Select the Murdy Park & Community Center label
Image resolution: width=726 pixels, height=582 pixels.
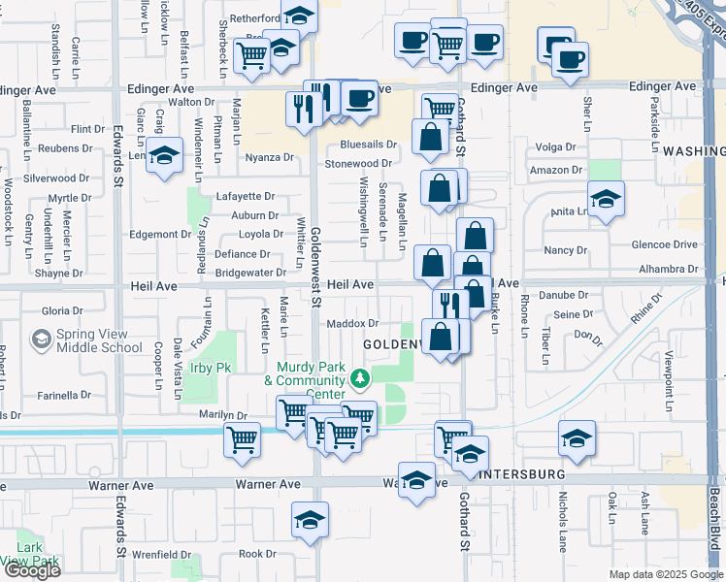pos(311,381)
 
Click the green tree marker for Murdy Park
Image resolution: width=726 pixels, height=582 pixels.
pos(360,376)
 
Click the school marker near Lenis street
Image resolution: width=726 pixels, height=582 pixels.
pos(165,156)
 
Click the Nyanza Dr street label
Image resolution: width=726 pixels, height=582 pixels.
pos(269,157)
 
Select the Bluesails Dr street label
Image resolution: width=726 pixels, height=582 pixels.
pos(369,145)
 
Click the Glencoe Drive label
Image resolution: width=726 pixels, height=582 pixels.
pos(665,245)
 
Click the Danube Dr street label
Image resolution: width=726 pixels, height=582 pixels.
pos(569,295)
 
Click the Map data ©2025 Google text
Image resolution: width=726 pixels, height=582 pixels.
pos(665,574)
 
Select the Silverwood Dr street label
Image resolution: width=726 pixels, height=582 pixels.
pos(56,178)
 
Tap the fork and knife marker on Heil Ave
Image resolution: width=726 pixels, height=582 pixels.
pos(451,304)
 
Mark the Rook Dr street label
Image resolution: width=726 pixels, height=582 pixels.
pos(257,554)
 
